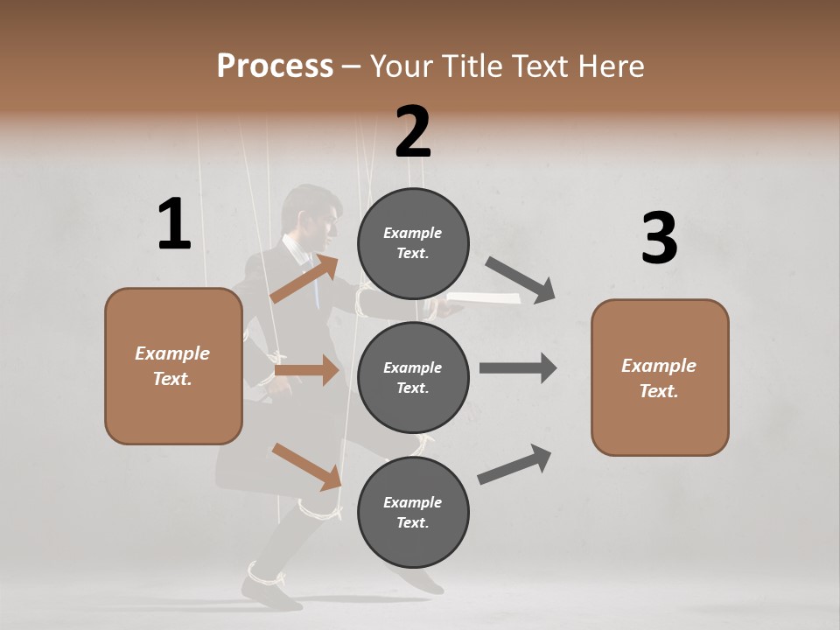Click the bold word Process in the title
(275, 66)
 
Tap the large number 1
(174, 225)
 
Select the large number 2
(413, 132)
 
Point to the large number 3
(659, 239)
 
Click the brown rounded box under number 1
(173, 366)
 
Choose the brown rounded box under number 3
(660, 378)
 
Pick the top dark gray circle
(413, 243)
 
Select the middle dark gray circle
(413, 378)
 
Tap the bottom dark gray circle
(413, 513)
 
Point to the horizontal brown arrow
(306, 370)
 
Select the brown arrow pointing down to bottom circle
(306, 466)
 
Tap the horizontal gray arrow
(518, 367)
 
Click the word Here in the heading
(609, 66)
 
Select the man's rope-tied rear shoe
(267, 585)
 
